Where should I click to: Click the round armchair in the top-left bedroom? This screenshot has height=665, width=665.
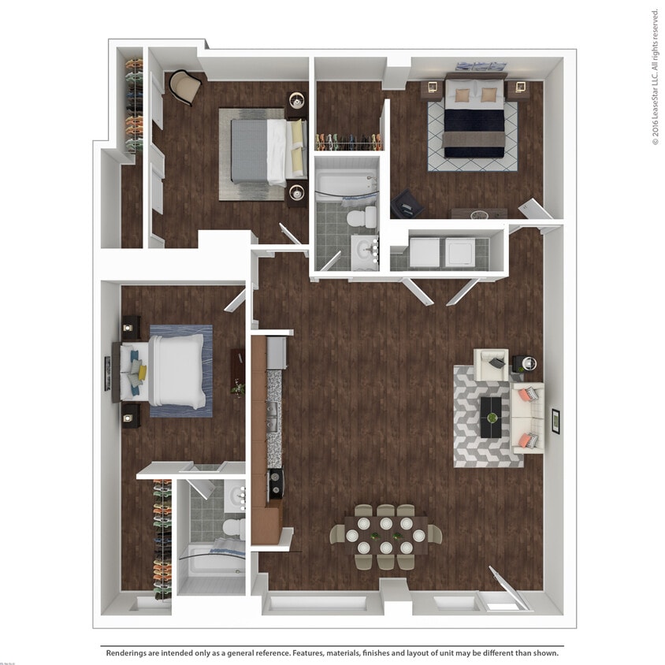pos(185,86)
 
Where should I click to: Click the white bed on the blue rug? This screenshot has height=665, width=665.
pos(176,371)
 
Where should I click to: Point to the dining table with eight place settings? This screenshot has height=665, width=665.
pos(385,535)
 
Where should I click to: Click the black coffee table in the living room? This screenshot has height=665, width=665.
pos(492,416)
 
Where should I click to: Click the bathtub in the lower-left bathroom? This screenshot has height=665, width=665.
pos(211,560)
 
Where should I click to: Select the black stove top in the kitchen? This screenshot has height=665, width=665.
pos(275,483)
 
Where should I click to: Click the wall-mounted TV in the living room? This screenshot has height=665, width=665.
pos(555,421)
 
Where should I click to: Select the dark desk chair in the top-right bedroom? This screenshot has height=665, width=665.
pos(408,204)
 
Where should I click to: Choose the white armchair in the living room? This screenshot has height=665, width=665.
pos(492,364)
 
